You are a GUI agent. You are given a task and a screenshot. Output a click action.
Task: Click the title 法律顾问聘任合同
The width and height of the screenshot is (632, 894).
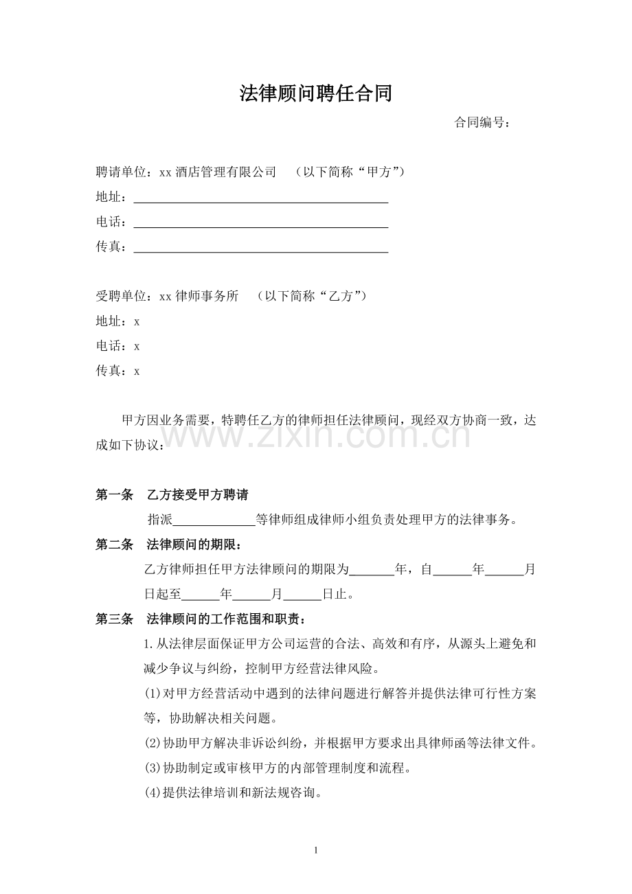[315, 94]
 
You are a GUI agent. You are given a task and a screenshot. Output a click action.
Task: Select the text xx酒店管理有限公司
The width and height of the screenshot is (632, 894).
[218, 172]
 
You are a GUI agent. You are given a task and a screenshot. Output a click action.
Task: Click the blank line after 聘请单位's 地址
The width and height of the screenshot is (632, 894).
[260, 198]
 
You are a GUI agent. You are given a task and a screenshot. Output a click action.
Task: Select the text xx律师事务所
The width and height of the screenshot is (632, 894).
[199, 297]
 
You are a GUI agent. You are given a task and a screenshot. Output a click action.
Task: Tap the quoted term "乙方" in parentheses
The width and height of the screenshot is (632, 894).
[341, 297]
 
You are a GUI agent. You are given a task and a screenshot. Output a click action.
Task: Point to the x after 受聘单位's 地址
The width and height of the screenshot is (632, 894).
[137, 321]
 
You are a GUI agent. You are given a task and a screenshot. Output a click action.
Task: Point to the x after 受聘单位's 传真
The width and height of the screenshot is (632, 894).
[137, 371]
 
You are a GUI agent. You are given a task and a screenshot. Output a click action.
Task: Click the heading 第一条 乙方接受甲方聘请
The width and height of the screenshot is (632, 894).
[172, 495]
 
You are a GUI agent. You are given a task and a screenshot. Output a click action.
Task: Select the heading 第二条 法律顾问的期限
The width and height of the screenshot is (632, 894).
[168, 545]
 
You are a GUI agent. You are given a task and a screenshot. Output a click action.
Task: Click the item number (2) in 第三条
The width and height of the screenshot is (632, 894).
[152, 744]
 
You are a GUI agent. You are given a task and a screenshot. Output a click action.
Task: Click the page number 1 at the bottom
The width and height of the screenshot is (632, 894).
[315, 851]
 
